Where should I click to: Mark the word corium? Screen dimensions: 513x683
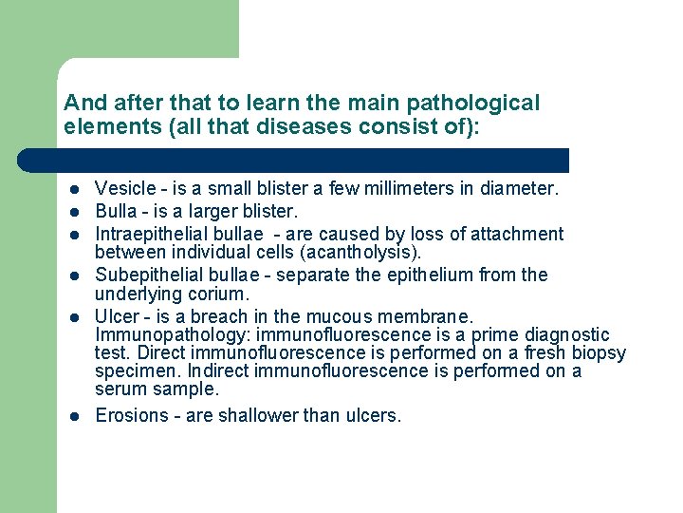coord(216,293)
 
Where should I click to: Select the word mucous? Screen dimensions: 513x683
coord(352,316)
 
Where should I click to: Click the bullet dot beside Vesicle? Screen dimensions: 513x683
coord(73,189)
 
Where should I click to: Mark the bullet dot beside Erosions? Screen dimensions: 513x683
coord(73,416)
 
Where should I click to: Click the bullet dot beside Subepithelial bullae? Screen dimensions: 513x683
coord(73,275)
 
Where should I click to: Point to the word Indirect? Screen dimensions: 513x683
coord(268,370)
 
